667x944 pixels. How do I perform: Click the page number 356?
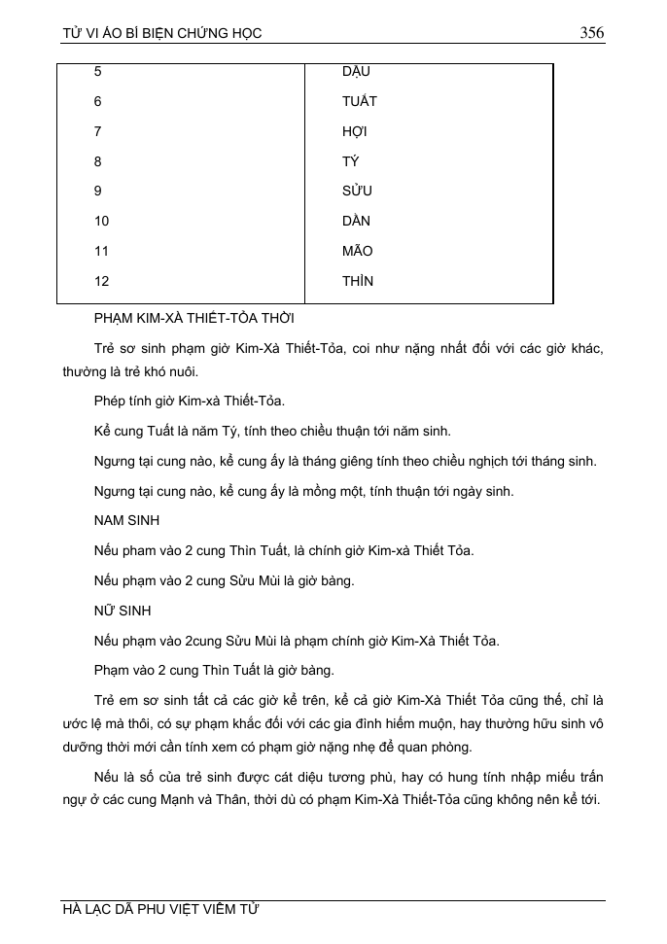(591, 33)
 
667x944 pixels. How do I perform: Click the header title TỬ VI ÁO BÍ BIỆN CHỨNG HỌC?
(162, 34)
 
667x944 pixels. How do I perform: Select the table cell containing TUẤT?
(359, 101)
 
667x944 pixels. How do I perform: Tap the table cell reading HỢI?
(354, 131)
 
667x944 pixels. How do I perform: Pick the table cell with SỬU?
(357, 192)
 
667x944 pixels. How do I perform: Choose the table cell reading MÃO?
(357, 252)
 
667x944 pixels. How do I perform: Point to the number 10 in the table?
(102, 222)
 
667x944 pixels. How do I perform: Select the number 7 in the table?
(98, 131)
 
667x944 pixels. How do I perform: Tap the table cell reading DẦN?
(356, 222)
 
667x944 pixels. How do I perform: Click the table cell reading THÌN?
(357, 282)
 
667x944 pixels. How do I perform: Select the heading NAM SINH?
(126, 521)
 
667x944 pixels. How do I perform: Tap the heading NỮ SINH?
(123, 611)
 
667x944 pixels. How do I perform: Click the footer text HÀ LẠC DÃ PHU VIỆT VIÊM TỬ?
(160, 910)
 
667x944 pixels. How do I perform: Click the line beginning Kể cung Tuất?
(272, 432)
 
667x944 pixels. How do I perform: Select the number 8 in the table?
(98, 161)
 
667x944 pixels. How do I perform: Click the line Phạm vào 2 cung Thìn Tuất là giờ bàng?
(214, 671)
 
